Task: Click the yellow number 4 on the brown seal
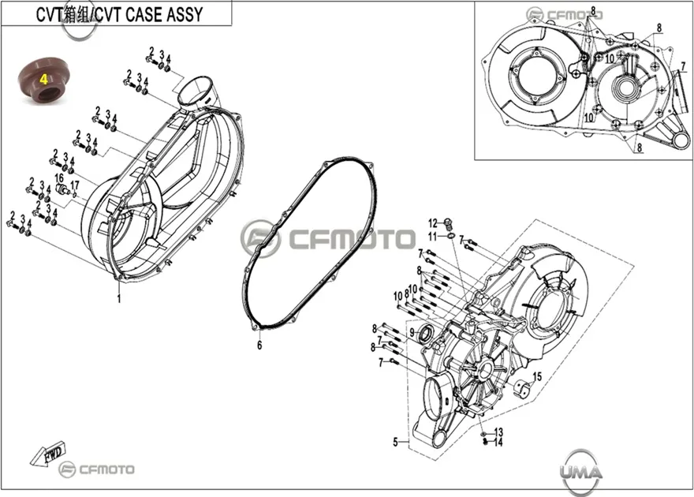click(x=44, y=80)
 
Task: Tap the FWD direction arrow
click(x=48, y=453)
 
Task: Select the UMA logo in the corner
click(x=580, y=473)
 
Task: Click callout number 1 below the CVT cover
click(x=118, y=299)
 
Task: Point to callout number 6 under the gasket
click(x=259, y=346)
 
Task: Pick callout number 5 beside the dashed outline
click(x=395, y=442)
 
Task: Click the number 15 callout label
click(x=537, y=376)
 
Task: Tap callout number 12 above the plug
click(x=432, y=223)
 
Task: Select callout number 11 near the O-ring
click(x=432, y=237)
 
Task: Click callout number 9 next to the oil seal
click(x=412, y=332)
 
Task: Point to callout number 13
click(x=498, y=432)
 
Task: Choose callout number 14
click(x=498, y=442)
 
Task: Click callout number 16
click(x=59, y=178)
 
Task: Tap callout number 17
click(x=74, y=185)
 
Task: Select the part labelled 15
click(x=522, y=388)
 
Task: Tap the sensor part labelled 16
click(x=62, y=191)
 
